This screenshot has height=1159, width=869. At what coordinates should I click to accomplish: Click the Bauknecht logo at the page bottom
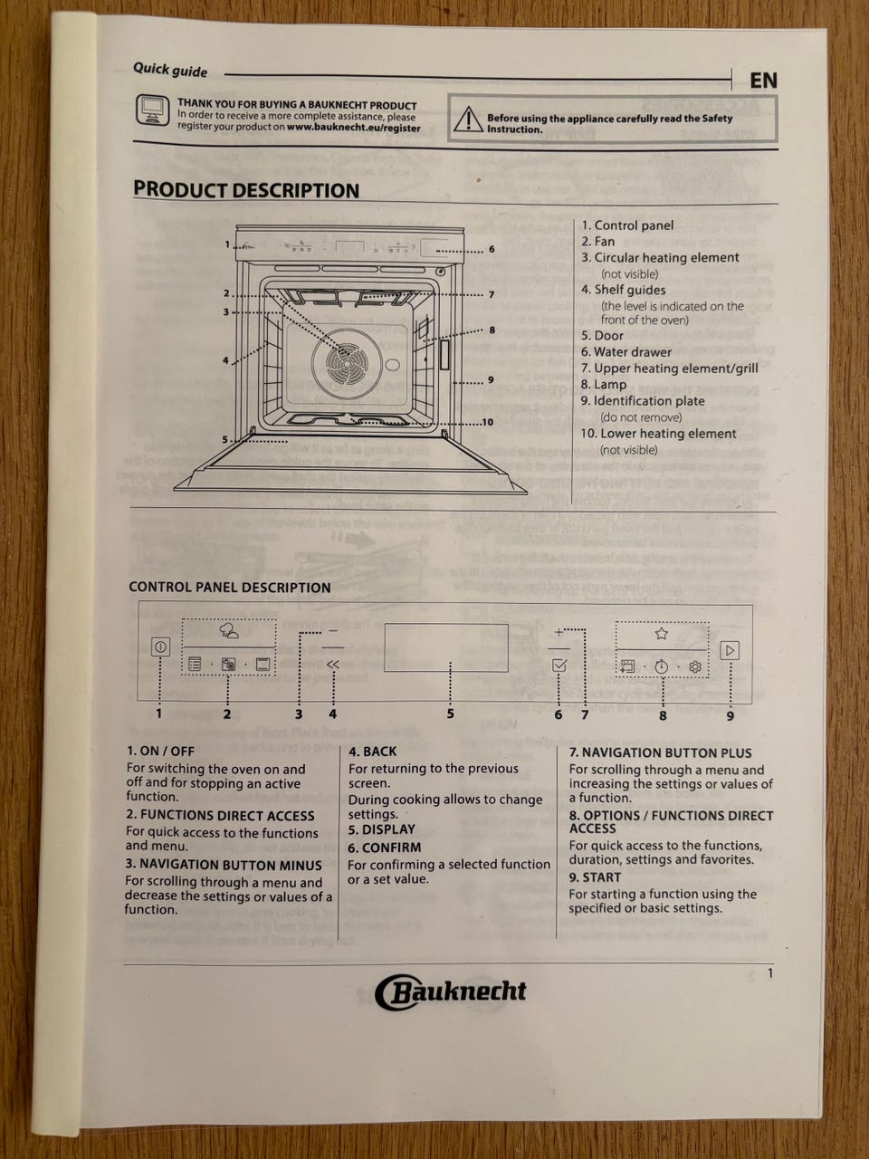click(x=450, y=992)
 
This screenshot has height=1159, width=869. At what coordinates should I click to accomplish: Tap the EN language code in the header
click(x=763, y=81)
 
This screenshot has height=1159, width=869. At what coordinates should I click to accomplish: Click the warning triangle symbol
click(x=468, y=119)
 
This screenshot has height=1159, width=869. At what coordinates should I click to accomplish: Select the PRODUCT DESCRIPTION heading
click(x=246, y=190)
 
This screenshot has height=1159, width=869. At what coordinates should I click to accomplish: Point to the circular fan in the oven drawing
click(x=347, y=363)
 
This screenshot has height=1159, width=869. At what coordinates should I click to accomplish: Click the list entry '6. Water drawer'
click(x=625, y=351)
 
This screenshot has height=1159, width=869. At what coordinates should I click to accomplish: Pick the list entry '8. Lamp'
click(x=604, y=385)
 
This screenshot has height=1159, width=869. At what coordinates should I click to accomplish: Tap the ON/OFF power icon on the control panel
click(x=160, y=647)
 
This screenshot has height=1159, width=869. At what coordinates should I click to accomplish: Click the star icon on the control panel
click(x=661, y=634)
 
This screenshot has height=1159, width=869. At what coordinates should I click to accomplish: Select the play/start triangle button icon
click(x=730, y=650)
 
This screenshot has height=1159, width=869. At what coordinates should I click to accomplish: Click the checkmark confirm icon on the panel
click(x=559, y=666)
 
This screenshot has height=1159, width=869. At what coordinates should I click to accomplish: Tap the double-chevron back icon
click(x=332, y=665)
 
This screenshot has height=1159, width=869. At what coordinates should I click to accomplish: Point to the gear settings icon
click(x=695, y=667)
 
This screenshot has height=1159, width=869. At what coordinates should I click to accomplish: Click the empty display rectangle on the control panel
click(x=446, y=647)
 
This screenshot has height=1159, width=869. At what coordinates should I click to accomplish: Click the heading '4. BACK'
click(x=373, y=752)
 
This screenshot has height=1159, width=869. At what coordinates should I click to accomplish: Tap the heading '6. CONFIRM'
click(x=385, y=848)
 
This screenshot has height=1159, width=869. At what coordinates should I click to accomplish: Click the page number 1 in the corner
click(x=769, y=973)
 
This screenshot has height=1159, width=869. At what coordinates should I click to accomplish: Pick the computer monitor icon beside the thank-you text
click(x=152, y=110)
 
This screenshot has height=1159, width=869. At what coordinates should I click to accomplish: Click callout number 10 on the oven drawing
click(x=487, y=422)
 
